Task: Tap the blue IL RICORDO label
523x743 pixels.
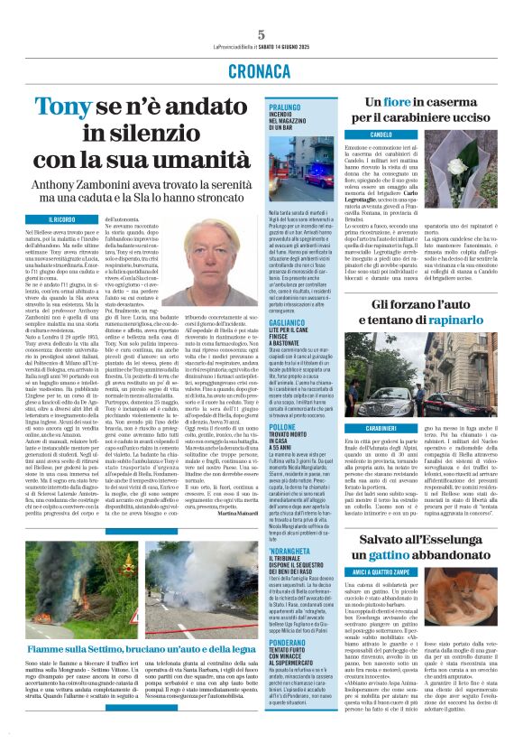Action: (x=62, y=219)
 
